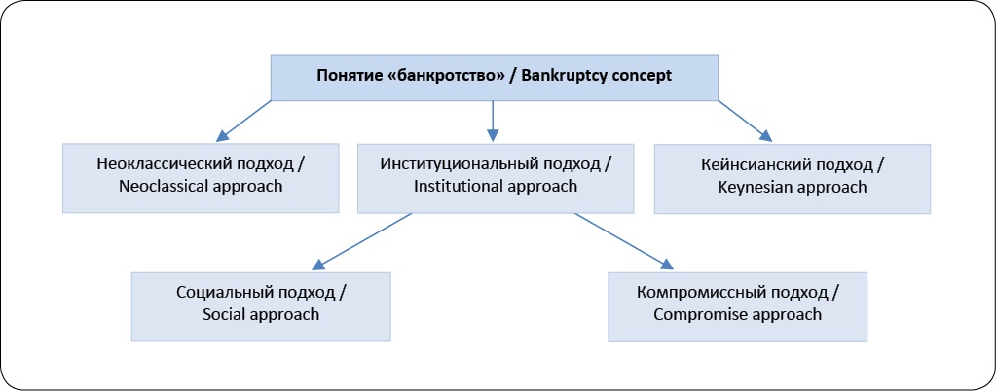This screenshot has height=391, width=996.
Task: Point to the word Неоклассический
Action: click(x=164, y=164)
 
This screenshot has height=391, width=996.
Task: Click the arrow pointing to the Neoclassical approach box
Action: click(x=243, y=120)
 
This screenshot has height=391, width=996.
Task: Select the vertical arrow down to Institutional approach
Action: click(x=493, y=121)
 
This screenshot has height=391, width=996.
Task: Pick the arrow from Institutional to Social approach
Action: click(x=363, y=241)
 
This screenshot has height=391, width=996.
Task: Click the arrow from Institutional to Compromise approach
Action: click(x=623, y=241)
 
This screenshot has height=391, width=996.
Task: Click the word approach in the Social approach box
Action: click(x=280, y=315)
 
